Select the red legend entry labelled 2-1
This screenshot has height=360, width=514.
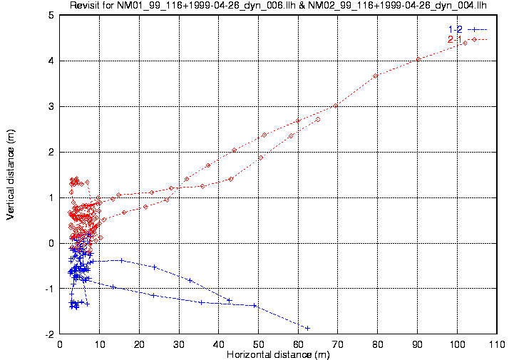pyautogui.click(x=455, y=39)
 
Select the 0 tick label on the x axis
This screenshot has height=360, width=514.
pyautogui.click(x=60, y=344)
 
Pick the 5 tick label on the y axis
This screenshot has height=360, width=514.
pyautogui.click(x=51, y=15)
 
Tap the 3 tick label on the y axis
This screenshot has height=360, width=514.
pyautogui.click(x=51, y=106)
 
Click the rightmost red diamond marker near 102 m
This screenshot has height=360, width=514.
pyautogui.click(x=465, y=43)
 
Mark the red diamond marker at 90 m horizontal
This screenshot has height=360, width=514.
pyautogui.click(x=418, y=59)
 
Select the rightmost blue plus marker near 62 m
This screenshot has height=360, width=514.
pyautogui.click(x=307, y=328)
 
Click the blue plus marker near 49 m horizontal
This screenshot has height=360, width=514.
pyautogui.click(x=255, y=306)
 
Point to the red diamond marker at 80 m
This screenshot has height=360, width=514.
pyautogui.click(x=376, y=76)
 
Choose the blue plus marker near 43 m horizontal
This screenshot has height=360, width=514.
pyautogui.click(x=229, y=300)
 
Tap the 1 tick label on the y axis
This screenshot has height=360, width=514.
pyautogui.click(x=51, y=197)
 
